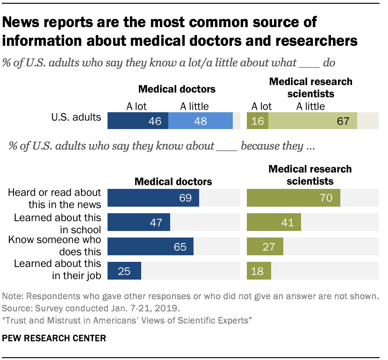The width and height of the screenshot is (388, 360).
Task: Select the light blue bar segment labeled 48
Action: click(201, 121)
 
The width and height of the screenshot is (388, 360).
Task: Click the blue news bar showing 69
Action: click(153, 198)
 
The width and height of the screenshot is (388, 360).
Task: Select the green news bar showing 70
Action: click(293, 198)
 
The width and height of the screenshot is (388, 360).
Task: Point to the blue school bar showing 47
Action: click(139, 222)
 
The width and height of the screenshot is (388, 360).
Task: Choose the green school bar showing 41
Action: click(273, 222)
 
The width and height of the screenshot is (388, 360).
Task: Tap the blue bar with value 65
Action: click(151, 246)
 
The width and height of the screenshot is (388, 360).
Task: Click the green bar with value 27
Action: click(265, 246)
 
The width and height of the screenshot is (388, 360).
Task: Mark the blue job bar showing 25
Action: click(124, 271)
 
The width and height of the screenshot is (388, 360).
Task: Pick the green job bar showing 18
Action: click(259, 271)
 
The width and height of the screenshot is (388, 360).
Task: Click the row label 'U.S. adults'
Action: click(77, 117)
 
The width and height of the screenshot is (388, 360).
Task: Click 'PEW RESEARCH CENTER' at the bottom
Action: click(54, 337)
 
